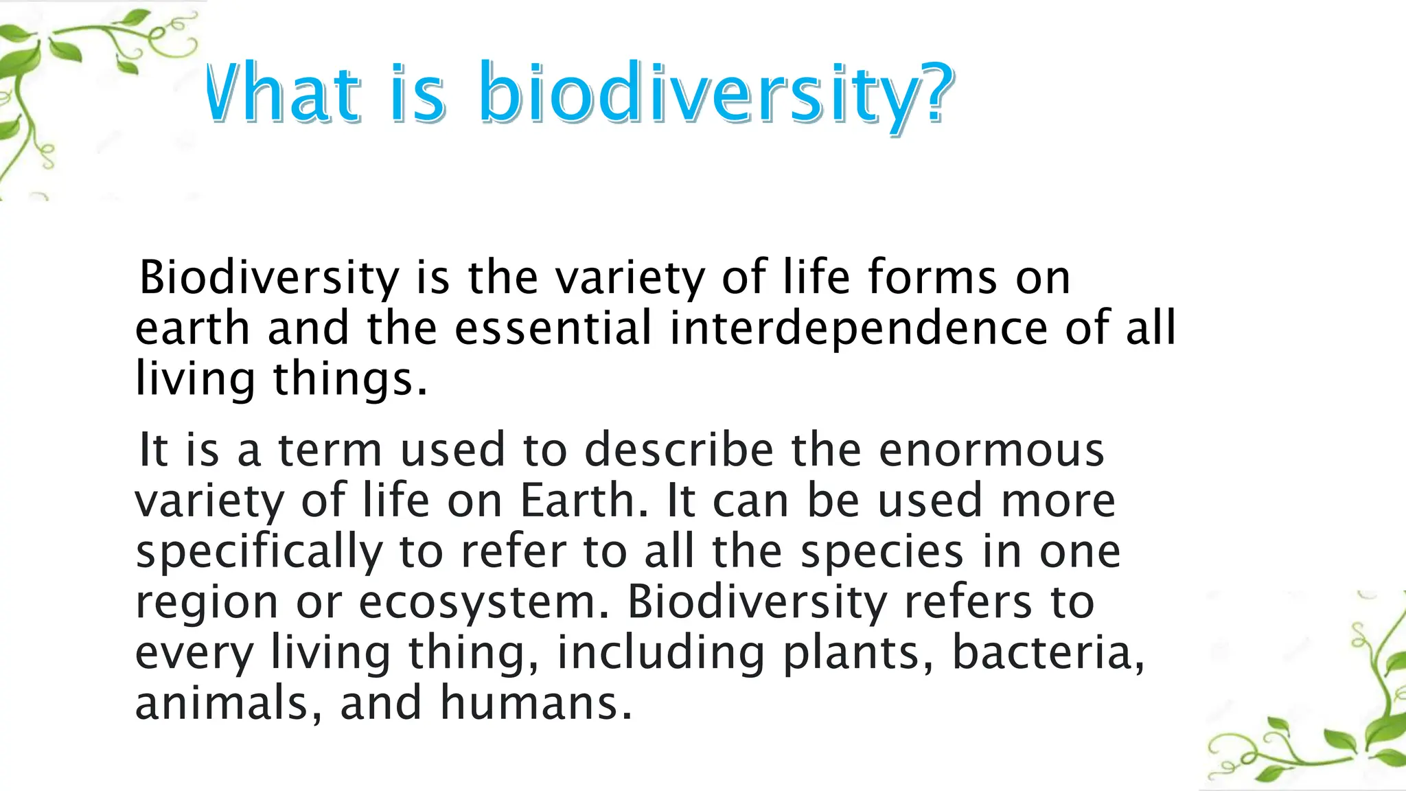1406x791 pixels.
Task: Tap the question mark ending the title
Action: pyautogui.click(x=936, y=93)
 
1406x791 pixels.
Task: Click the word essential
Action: pyautogui.click(x=553, y=328)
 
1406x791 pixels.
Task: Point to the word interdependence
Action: pyautogui.click(x=858, y=328)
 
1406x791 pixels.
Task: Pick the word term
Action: pyautogui.click(x=330, y=450)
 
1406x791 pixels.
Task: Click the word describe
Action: pyautogui.click(x=679, y=450)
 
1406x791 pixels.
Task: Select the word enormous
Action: pyautogui.click(x=991, y=450)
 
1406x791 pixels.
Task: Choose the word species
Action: pyautogui.click(x=882, y=551)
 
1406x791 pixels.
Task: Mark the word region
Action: pyautogui.click(x=207, y=604)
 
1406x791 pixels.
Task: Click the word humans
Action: pyautogui.click(x=535, y=703)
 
